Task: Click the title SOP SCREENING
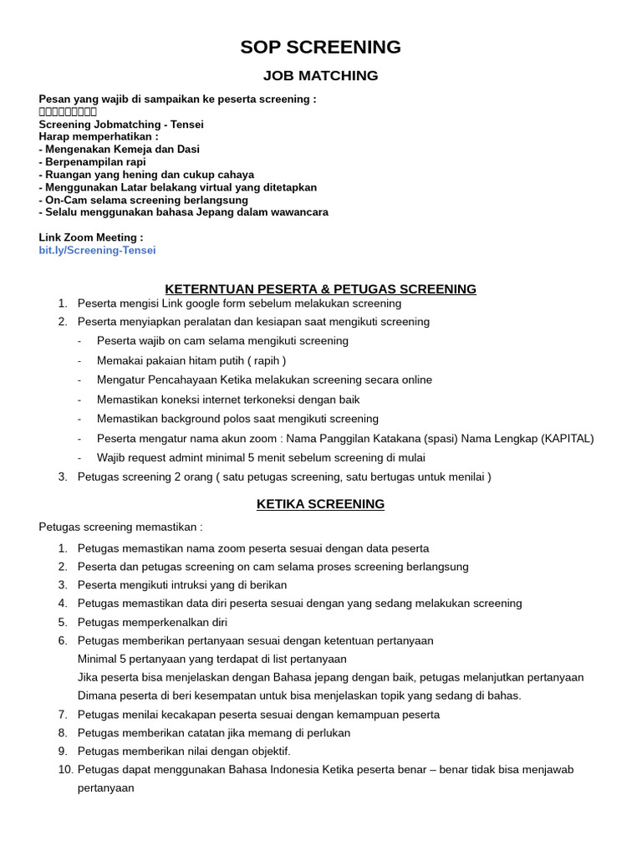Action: [320, 47]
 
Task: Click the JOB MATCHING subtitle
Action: [320, 76]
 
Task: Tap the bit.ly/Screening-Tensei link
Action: [97, 250]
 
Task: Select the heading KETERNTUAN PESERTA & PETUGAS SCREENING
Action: [320, 289]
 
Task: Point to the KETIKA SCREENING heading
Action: [320, 504]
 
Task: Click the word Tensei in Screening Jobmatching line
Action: [186, 125]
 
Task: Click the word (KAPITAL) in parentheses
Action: [566, 438]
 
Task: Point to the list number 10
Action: [65, 769]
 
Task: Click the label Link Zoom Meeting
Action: [91, 237]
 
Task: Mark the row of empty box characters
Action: [69, 112]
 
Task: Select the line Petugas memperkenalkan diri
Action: [152, 622]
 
